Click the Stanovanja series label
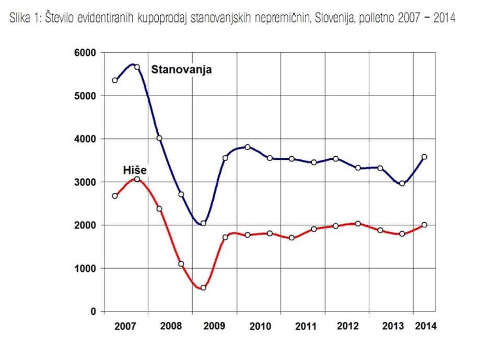[181, 69]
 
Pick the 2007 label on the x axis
[125, 327]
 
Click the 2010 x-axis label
[260, 327]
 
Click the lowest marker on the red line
[203, 287]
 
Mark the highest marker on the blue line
[137, 67]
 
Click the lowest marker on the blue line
[203, 223]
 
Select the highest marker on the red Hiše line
[137, 179]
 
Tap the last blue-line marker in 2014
[424, 157]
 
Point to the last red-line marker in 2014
[424, 225]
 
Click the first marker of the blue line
[115, 80]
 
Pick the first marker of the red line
[115, 196]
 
